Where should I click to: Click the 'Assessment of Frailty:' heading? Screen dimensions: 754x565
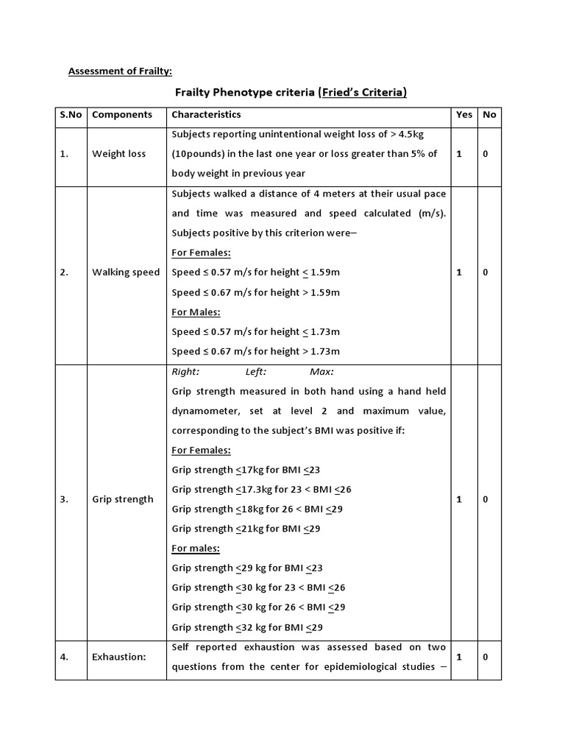[120, 71]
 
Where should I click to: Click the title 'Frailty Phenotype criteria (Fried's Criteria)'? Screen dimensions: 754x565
[290, 93]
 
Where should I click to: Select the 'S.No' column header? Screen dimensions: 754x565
[71, 115]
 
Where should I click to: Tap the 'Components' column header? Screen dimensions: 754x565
[122, 115]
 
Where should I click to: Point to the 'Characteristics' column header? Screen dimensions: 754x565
[206, 115]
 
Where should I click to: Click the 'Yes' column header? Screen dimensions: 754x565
[464, 115]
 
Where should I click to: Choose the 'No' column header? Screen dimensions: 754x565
[489, 115]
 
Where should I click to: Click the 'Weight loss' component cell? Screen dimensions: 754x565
[118, 154]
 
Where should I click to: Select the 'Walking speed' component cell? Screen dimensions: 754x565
[126, 272]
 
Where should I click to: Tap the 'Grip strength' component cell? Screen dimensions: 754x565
[123, 499]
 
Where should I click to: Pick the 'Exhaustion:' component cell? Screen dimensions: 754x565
[119, 657]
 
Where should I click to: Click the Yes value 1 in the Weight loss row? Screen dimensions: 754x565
[460, 154]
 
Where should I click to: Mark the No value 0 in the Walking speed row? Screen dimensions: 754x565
[486, 272]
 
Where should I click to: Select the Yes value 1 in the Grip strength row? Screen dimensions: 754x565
[460, 499]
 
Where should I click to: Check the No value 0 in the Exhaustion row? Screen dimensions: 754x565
[486, 657]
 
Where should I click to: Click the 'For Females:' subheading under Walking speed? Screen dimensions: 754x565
[201, 253]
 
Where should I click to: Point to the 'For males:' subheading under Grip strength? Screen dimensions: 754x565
[196, 549]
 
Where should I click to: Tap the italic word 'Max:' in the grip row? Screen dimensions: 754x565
[321, 372]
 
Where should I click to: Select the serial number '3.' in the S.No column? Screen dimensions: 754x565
[65, 499]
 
